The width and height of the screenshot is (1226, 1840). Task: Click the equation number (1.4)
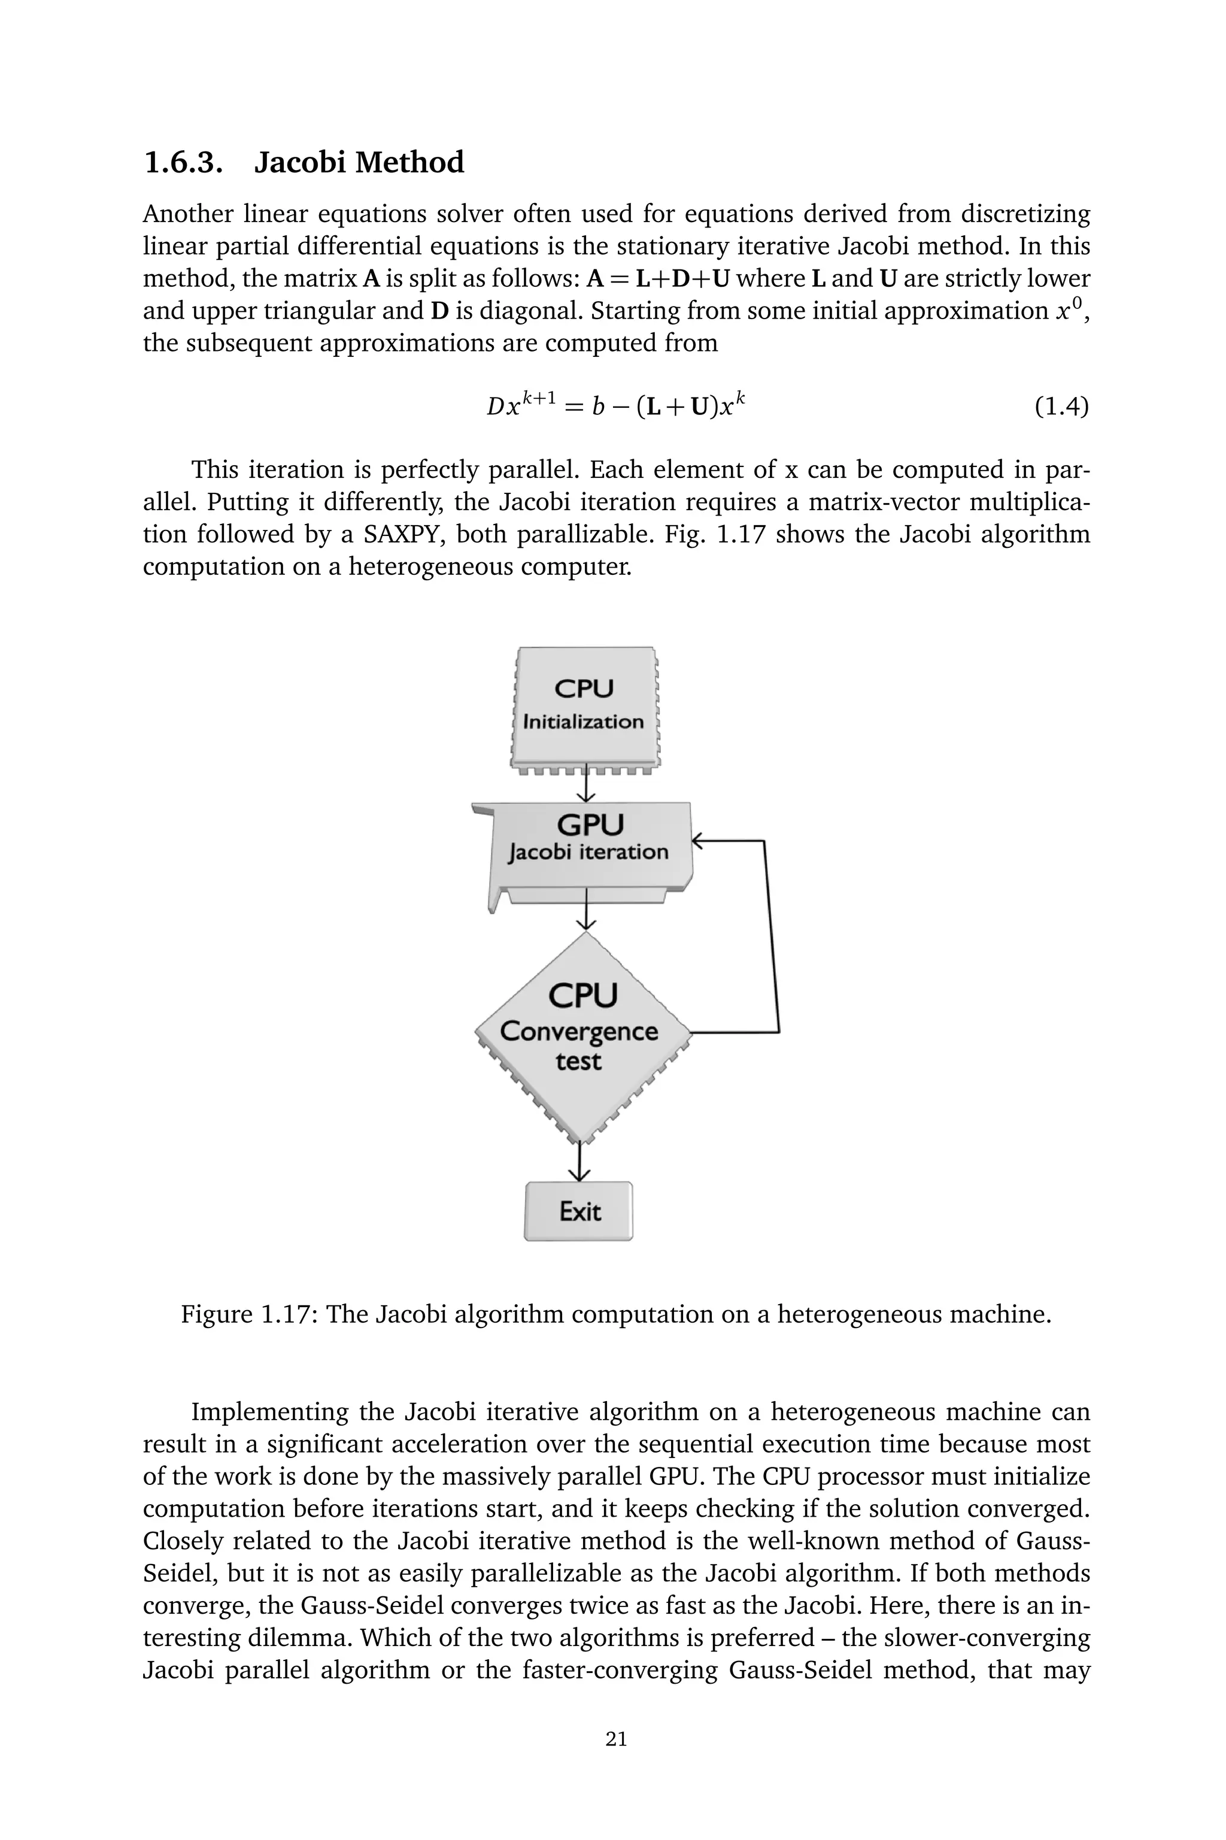pyautogui.click(x=1061, y=407)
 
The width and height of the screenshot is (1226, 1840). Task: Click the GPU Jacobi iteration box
pyautogui.click(x=588, y=848)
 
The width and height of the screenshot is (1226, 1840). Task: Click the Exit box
pyautogui.click(x=579, y=1211)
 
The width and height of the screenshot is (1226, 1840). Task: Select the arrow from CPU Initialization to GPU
pyautogui.click(x=585, y=787)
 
